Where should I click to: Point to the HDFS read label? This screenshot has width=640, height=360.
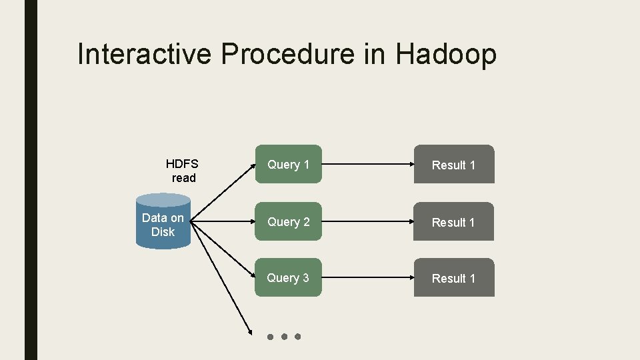183,171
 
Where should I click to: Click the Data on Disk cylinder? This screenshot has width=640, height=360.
163,223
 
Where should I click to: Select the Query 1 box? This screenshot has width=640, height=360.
288,164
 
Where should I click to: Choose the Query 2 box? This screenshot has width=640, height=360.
288,221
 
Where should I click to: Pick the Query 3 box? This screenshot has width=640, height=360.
288,277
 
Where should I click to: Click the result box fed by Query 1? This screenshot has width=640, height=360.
454,165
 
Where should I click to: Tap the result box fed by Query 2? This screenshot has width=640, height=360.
454,222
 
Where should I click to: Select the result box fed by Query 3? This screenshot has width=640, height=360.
454,278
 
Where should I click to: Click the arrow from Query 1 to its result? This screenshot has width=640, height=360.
367,164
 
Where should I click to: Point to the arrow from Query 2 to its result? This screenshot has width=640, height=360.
367,221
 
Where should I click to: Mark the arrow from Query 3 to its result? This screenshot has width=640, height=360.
367,277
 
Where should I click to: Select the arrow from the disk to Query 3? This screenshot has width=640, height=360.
223,249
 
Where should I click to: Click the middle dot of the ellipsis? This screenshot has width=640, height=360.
284,337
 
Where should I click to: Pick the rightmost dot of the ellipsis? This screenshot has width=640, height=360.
298,337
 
